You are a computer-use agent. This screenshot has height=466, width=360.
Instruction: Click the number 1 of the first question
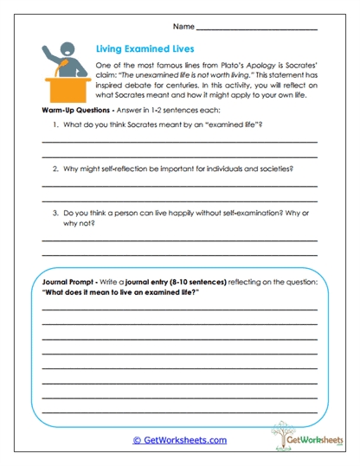click(x=55, y=126)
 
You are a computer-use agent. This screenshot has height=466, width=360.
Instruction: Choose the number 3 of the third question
click(x=55, y=213)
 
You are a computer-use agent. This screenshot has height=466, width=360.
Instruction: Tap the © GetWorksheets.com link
click(x=180, y=440)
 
